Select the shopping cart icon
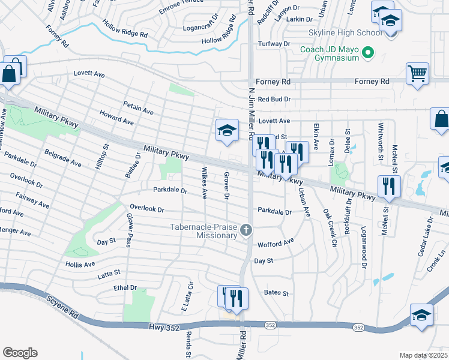[x=417, y=74]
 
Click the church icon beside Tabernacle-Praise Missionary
[x=245, y=230]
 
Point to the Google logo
[x=20, y=353]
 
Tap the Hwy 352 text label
[x=162, y=326]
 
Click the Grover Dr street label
[x=227, y=186]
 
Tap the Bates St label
[x=277, y=293]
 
